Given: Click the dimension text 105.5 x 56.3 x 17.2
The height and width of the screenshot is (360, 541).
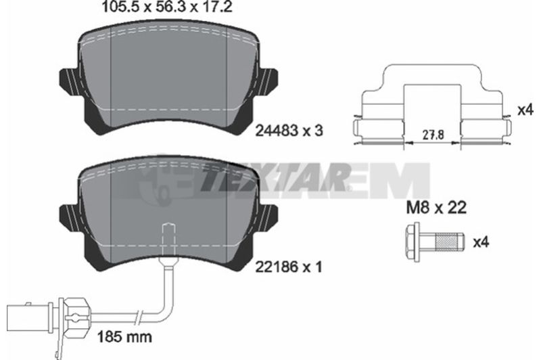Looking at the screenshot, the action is (x=166, y=7).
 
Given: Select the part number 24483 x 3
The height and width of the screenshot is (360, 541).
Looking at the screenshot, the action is (x=289, y=131).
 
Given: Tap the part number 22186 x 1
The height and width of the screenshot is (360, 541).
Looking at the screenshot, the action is (x=289, y=267).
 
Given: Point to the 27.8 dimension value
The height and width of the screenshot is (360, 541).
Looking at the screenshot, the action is (x=433, y=135).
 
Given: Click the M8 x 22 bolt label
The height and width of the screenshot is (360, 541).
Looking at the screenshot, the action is (x=436, y=208).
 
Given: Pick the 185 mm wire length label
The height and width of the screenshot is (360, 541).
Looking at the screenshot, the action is (x=124, y=336).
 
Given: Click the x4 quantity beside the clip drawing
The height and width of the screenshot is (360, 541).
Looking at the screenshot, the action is (x=525, y=110).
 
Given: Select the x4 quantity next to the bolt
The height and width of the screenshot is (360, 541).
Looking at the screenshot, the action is (x=481, y=242).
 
